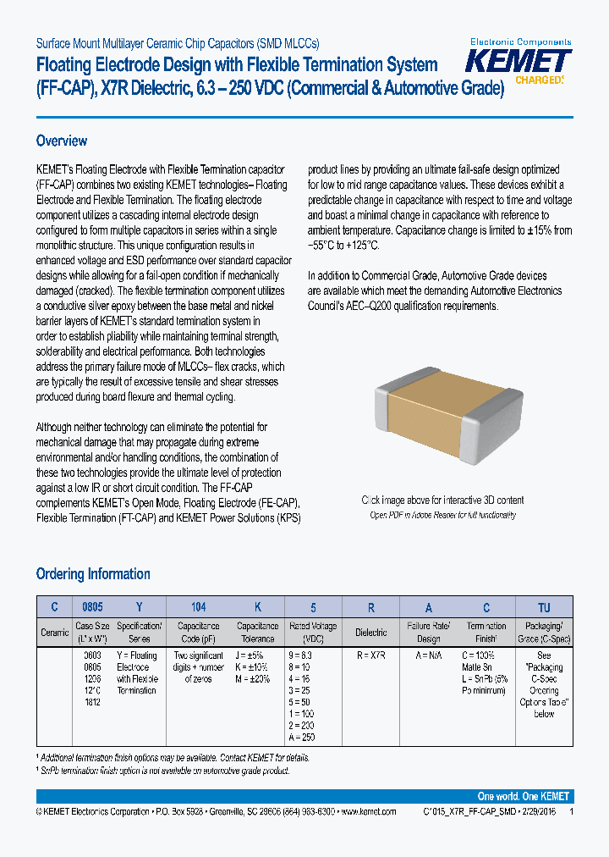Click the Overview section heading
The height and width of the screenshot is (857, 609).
pyautogui.click(x=62, y=141)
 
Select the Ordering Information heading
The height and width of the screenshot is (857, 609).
pyautogui.click(x=93, y=574)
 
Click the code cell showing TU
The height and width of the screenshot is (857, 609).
pyautogui.click(x=544, y=607)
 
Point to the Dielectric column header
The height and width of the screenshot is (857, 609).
pyautogui.click(x=370, y=633)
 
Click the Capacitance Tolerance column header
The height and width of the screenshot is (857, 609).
pyautogui.click(x=257, y=633)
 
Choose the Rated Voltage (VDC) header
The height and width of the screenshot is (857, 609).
pyautogui.click(x=312, y=633)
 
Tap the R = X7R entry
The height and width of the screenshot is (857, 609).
pyautogui.click(x=370, y=655)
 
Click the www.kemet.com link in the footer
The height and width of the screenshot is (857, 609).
pyautogui.click(x=368, y=811)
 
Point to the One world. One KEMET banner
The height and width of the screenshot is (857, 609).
pyautogui.click(x=523, y=796)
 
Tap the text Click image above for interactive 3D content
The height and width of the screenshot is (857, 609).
pyautogui.click(x=442, y=500)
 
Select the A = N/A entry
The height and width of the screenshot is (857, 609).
pyautogui.click(x=429, y=655)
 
